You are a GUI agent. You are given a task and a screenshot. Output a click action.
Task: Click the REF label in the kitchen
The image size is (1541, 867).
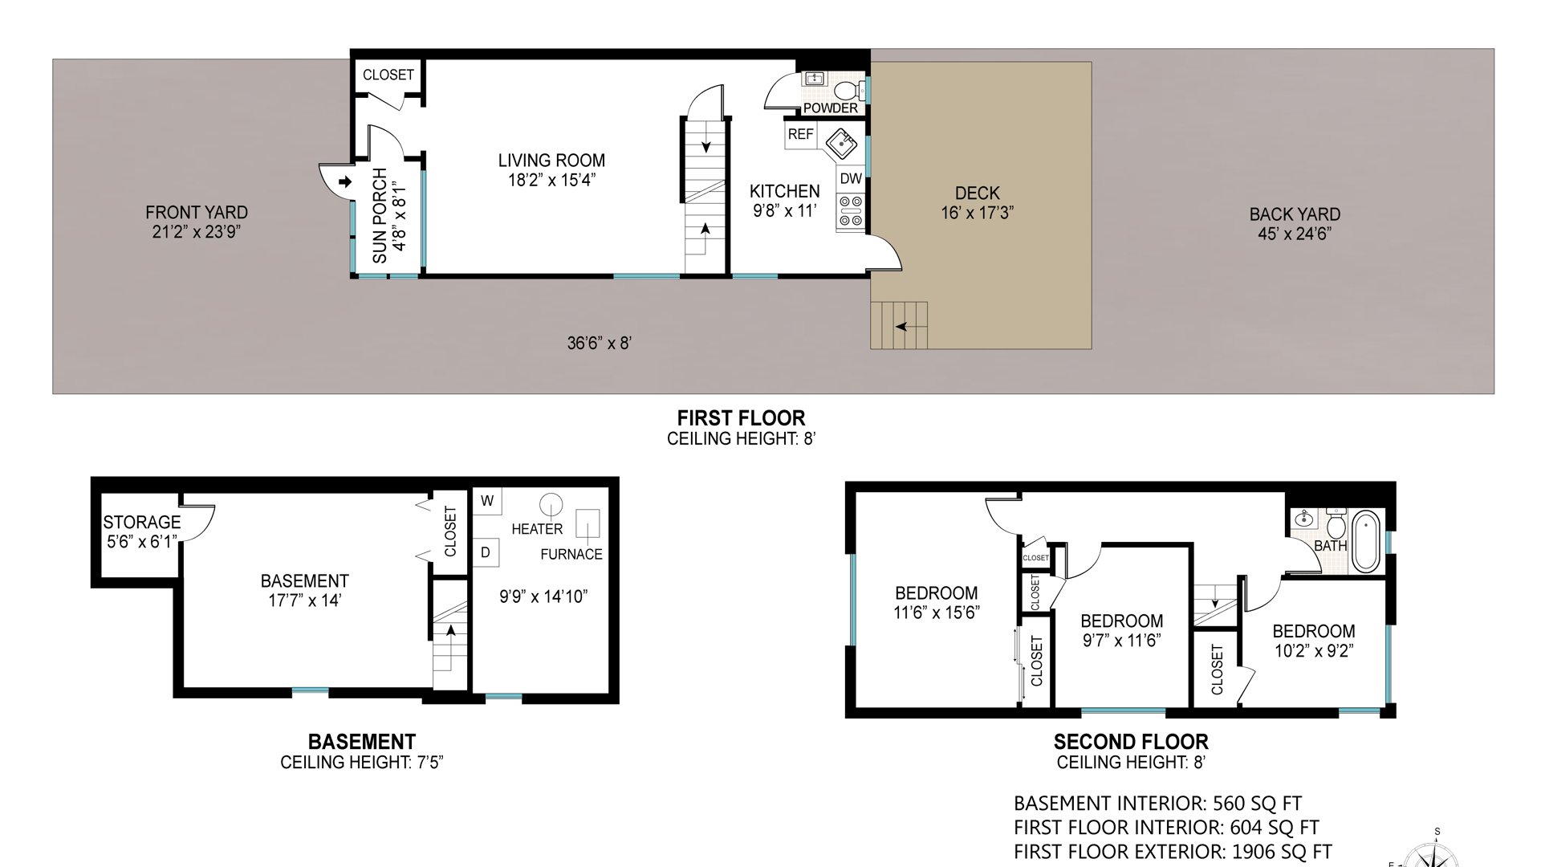800,135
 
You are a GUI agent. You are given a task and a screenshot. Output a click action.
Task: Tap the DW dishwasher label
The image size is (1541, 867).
851,179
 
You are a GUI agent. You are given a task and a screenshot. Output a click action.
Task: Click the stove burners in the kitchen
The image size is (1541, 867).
851,210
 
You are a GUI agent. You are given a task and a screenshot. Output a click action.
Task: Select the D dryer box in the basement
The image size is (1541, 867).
486,552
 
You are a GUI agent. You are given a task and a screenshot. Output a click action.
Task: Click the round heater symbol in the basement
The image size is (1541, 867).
551,504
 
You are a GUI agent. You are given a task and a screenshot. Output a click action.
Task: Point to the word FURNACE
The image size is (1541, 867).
571,554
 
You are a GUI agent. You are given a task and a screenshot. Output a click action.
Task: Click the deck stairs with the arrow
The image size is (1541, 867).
899,325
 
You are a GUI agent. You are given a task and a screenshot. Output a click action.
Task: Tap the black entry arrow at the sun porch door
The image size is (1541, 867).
345,182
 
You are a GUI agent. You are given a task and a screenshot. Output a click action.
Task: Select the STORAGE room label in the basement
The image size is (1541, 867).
142,522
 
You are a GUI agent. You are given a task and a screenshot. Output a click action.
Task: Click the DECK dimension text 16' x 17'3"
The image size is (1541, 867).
978,213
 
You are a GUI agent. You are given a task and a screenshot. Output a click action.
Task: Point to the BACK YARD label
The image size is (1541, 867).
1295,214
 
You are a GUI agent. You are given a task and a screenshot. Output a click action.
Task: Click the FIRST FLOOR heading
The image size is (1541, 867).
741,418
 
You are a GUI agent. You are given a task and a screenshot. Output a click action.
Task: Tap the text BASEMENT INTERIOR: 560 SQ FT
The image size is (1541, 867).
1157,804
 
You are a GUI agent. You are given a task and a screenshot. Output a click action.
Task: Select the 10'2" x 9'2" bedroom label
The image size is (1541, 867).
1314,651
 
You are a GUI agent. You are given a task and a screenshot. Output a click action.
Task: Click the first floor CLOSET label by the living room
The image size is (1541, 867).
388,75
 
